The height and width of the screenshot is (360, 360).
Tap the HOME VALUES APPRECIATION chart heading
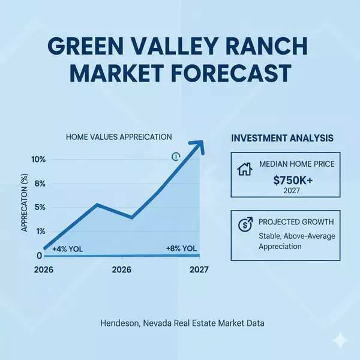pyautogui.click(x=119, y=137)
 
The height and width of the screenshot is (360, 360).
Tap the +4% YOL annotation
pyautogui.click(x=68, y=249)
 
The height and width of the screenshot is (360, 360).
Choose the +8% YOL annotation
pyautogui.click(x=181, y=249)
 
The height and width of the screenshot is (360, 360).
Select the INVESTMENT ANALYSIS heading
pyautogui.click(x=283, y=139)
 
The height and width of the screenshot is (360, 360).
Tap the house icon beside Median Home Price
pyautogui.click(x=245, y=169)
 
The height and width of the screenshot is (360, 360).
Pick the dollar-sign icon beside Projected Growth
pyautogui.click(x=245, y=224)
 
